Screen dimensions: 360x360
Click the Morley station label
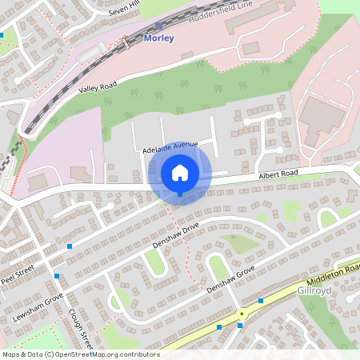click(158, 38)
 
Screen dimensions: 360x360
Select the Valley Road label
click(98, 90)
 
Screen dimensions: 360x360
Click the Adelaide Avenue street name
click(170, 144)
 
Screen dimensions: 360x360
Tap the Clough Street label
click(82, 328)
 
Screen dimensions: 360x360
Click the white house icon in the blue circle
click(180, 172)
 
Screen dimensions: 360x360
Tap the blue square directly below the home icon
click(180, 194)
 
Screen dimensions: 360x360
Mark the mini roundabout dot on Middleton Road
click(241, 313)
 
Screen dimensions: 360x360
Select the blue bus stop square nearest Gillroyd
click(262, 301)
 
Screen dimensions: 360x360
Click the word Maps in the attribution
click(12, 354)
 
